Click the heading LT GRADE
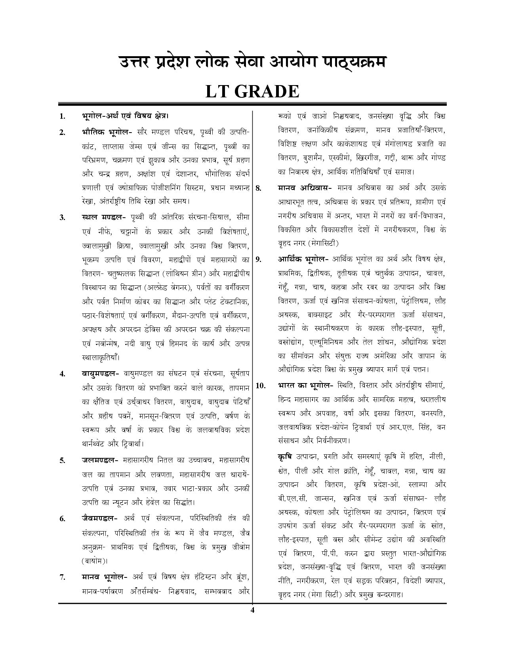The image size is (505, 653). point(252,92)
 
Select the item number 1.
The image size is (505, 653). point(63,116)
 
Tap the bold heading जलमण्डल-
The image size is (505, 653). point(100,460)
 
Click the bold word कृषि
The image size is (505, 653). point(285,457)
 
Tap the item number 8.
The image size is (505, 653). point(258,188)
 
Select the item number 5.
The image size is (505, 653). point(63,461)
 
